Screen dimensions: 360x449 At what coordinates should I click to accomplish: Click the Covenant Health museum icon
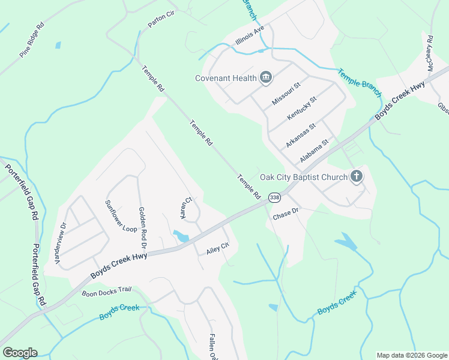(266, 77)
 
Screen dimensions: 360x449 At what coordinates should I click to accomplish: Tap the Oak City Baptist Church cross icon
(357, 176)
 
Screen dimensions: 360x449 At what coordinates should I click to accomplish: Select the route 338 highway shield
(274, 197)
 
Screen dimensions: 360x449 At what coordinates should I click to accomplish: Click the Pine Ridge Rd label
(32, 41)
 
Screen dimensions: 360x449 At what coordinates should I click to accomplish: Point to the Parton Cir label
(160, 22)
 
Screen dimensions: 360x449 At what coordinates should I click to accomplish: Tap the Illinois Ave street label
(250, 37)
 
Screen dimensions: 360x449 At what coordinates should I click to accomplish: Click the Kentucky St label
(301, 108)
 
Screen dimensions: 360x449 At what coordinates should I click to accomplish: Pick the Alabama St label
(315, 152)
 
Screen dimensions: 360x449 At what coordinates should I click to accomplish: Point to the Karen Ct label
(187, 208)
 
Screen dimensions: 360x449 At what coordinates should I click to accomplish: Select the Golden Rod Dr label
(142, 228)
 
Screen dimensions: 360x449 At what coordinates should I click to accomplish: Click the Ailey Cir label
(218, 247)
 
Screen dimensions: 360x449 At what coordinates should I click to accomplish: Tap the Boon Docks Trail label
(106, 292)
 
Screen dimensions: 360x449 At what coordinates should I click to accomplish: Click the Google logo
(20, 353)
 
